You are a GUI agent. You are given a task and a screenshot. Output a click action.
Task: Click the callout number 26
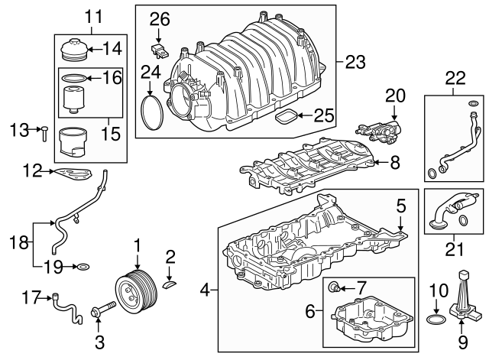pyautogui.click(x=160, y=19)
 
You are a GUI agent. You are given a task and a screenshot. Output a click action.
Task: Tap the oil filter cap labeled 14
pyautogui.click(x=73, y=50)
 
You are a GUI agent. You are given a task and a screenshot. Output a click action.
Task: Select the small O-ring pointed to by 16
pyautogui.click(x=73, y=78)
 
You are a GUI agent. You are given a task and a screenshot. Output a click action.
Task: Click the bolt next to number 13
pyautogui.click(x=44, y=134)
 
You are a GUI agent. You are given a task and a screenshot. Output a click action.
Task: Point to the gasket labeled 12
pyautogui.click(x=73, y=174)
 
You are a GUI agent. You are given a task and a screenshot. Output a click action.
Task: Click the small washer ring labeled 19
pyautogui.click(x=83, y=267)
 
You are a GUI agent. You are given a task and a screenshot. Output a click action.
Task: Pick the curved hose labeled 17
pyautogui.click(x=67, y=309)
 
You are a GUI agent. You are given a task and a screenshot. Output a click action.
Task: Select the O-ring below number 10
pyautogui.click(x=436, y=319)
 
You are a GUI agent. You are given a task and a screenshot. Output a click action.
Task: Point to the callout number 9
pyautogui.click(x=462, y=342)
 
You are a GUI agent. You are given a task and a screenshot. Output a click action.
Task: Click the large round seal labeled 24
pyautogui.click(x=152, y=112)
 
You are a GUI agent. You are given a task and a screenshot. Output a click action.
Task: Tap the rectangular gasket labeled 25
pyautogui.click(x=286, y=117)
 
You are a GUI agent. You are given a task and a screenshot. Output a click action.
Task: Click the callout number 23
pyautogui.click(x=355, y=63)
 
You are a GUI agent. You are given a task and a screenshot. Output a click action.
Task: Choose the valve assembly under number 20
pyautogui.click(x=379, y=132)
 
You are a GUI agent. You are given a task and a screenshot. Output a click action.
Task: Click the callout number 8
pyautogui.click(x=395, y=163)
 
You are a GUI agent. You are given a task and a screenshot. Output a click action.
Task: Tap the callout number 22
pyautogui.click(x=455, y=79)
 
